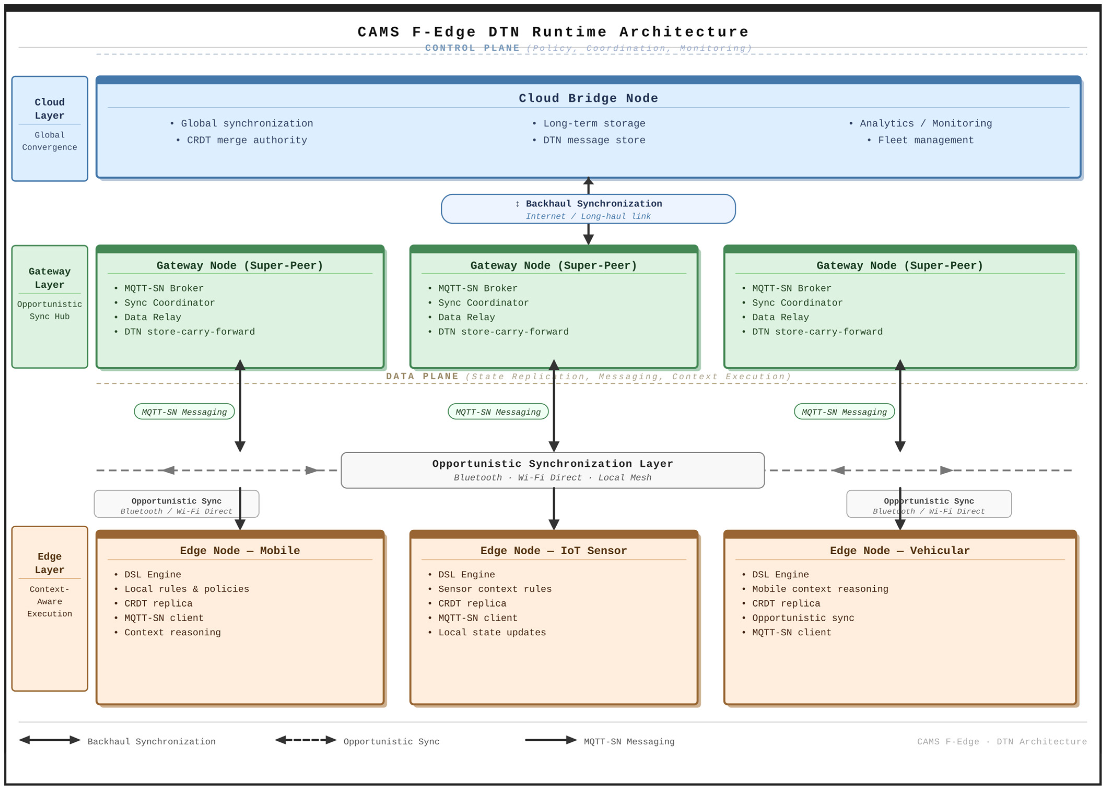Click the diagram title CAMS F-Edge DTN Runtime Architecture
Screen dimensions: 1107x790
[x=553, y=32]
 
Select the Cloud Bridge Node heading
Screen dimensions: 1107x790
[x=588, y=98]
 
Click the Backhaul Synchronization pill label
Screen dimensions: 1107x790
[x=588, y=209]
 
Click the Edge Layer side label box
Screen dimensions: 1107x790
[x=50, y=609]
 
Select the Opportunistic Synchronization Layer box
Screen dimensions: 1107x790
[x=553, y=470]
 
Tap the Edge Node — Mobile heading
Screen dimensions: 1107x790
[x=240, y=551]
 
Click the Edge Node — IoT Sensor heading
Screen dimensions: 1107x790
[x=554, y=551]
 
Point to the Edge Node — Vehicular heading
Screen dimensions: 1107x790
[x=900, y=551]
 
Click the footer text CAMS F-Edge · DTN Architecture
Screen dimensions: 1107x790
[x=1002, y=742]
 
